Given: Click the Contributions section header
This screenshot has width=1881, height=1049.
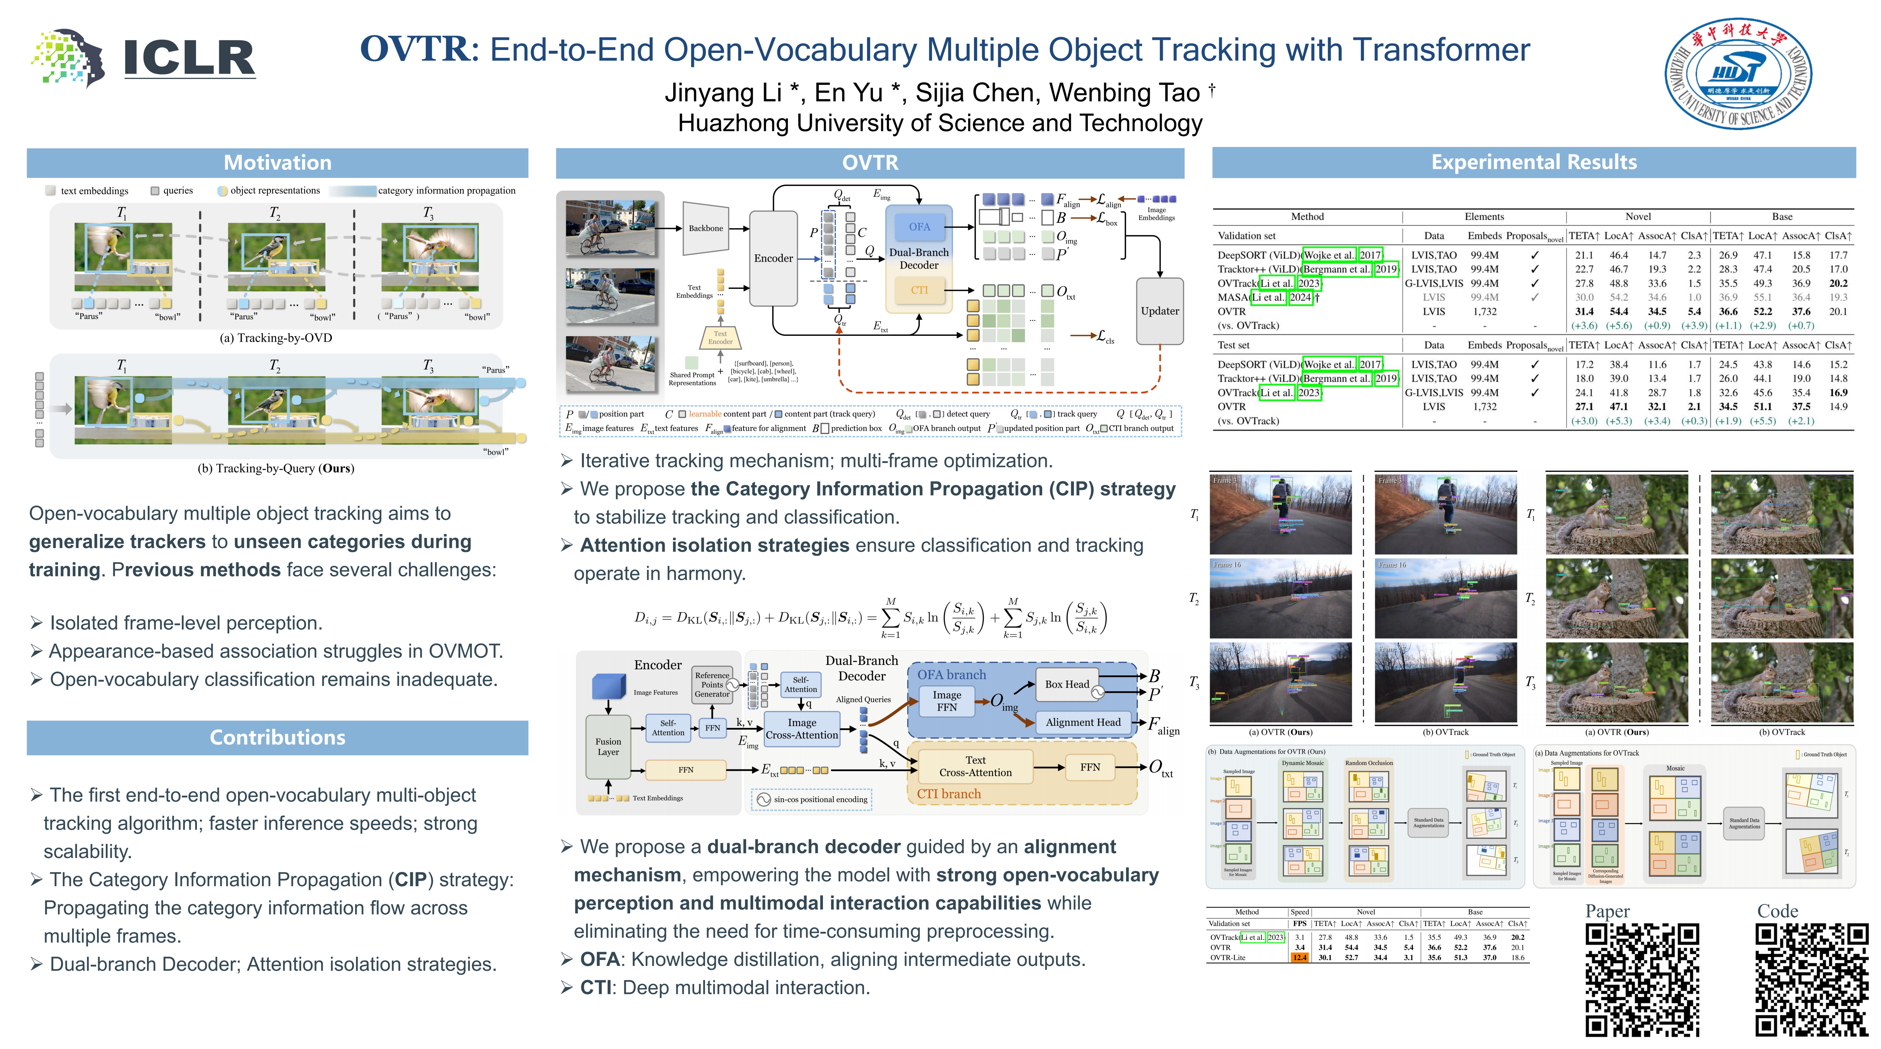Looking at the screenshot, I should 277,737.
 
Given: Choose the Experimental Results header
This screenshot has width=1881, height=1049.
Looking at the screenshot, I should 1533,162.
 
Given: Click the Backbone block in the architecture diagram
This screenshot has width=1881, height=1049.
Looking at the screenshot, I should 705,229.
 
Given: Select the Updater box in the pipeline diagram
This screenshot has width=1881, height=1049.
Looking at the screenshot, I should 1159,311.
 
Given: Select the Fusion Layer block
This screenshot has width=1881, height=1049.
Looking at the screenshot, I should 608,747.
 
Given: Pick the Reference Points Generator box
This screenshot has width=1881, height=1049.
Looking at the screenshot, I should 712,685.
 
